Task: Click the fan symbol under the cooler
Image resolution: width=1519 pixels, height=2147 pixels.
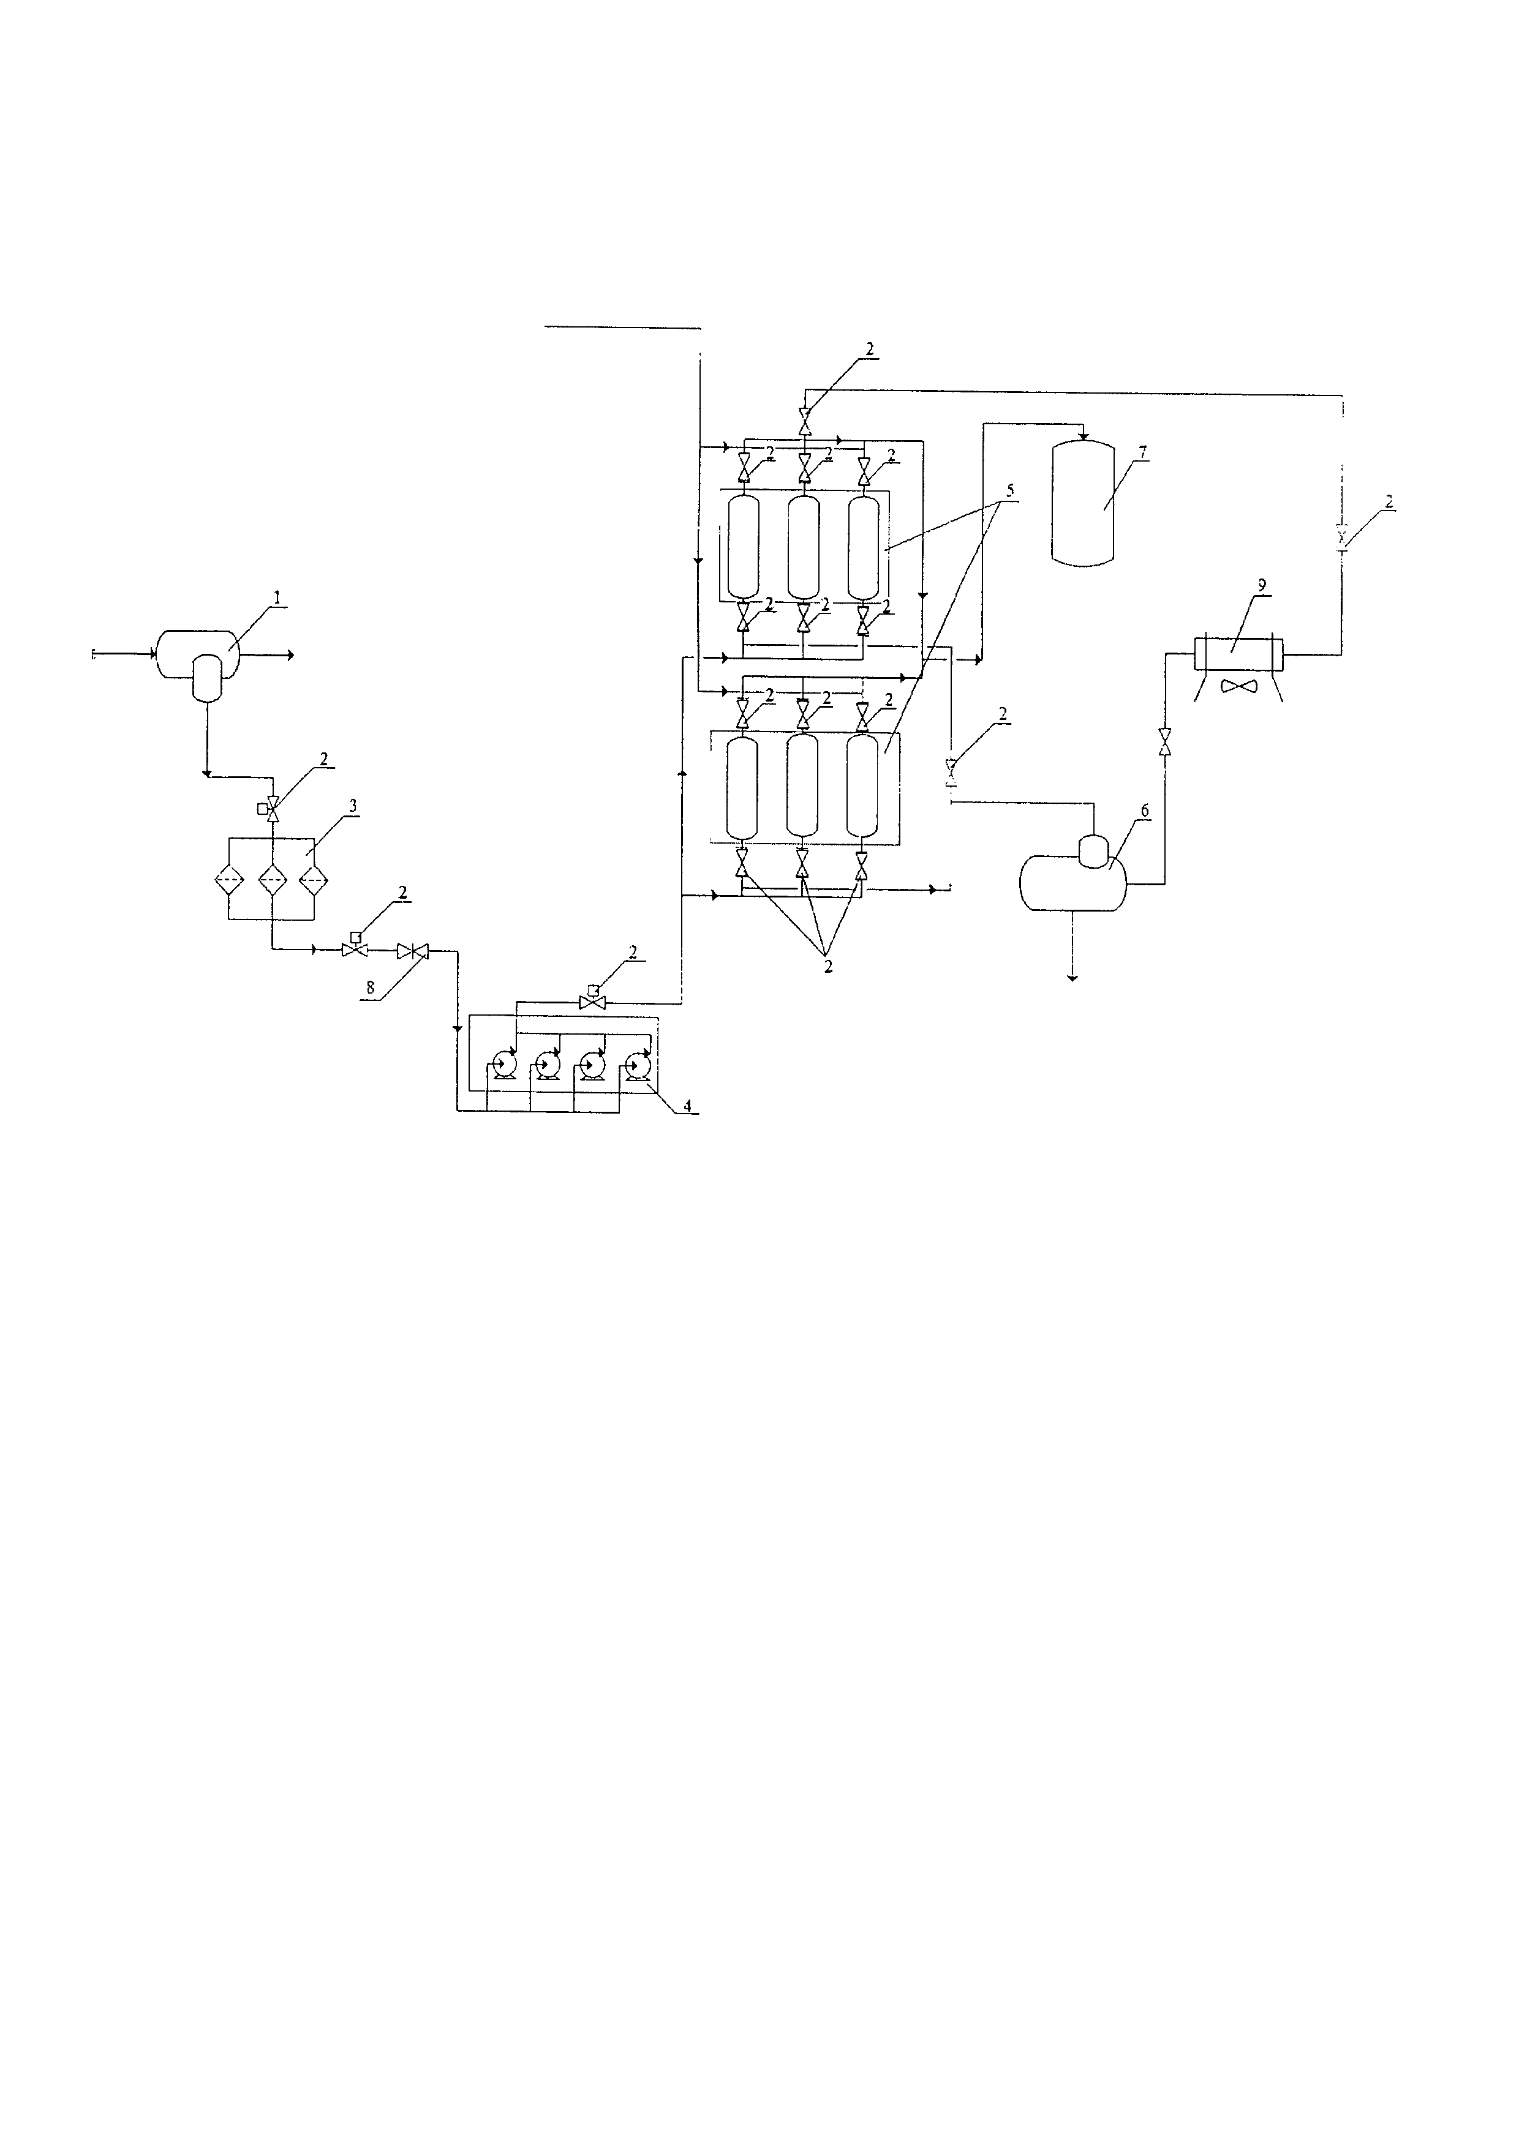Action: (1238, 686)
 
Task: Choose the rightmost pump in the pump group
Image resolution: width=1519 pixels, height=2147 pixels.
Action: (639, 1064)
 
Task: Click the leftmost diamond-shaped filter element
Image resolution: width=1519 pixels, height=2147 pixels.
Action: (229, 879)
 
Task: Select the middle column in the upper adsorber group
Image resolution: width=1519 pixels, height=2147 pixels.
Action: (802, 547)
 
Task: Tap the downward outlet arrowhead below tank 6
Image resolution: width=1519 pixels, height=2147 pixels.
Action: (1072, 976)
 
